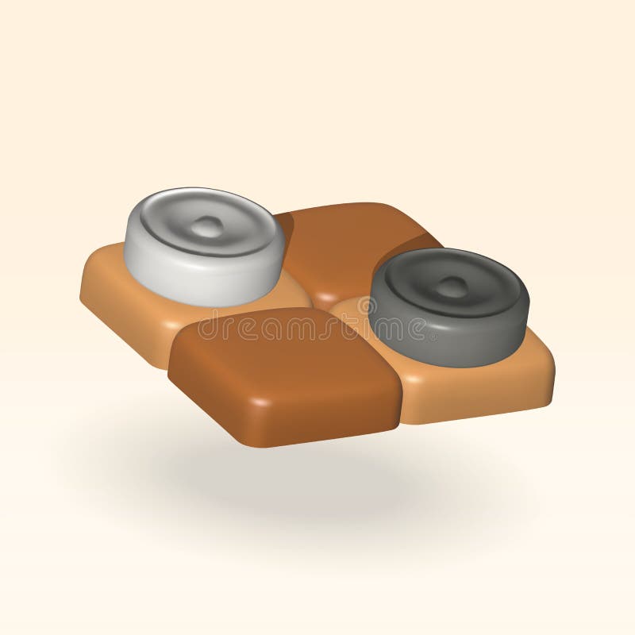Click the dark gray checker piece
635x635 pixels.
point(448,306)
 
